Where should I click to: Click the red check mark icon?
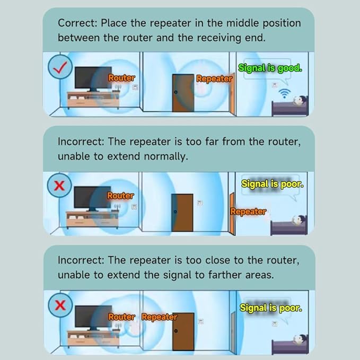click(x=60, y=67)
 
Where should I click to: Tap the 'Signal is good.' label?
click(x=270, y=68)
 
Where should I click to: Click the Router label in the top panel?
click(x=121, y=78)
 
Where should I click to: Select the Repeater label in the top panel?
click(x=214, y=78)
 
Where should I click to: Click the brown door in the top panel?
click(x=183, y=93)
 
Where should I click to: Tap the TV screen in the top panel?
click(x=93, y=77)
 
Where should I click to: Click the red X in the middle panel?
click(x=59, y=186)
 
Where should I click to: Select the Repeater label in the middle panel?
click(x=248, y=212)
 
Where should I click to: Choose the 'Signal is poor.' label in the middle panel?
click(x=273, y=184)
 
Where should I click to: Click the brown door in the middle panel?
click(x=182, y=213)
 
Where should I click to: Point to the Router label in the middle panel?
click(x=120, y=196)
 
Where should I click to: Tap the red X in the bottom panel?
click(x=60, y=305)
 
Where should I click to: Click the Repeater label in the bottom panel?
click(x=160, y=317)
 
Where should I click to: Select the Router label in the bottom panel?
click(x=121, y=317)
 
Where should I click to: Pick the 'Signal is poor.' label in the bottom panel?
click(x=271, y=308)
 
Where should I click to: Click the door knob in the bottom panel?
click(x=176, y=331)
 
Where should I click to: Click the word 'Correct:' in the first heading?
click(x=78, y=23)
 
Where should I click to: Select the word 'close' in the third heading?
click(x=218, y=260)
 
